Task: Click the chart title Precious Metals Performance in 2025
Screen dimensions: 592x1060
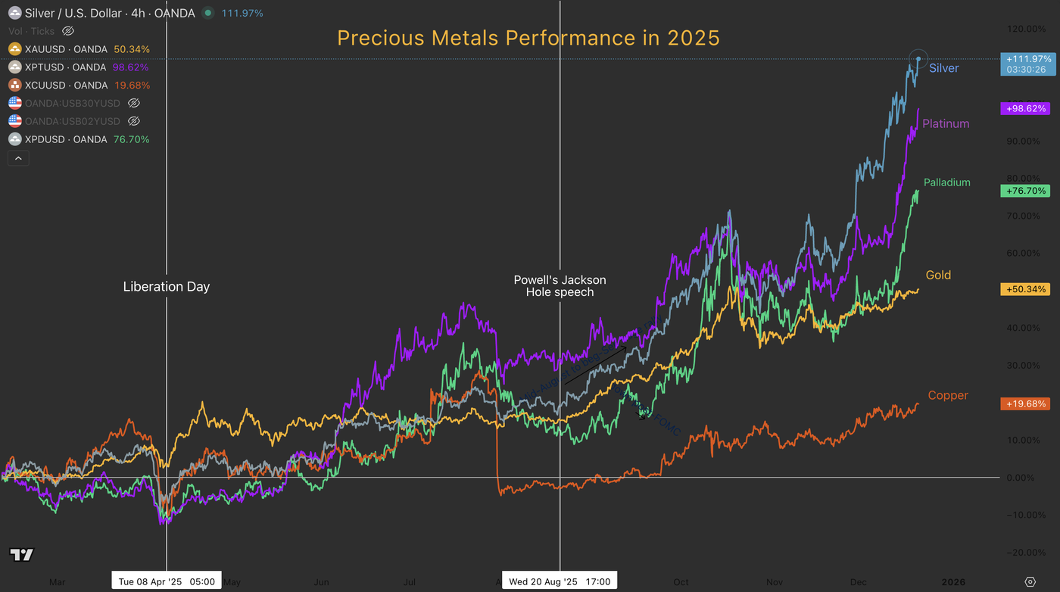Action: [x=528, y=38]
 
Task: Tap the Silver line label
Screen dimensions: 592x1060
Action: [x=943, y=68]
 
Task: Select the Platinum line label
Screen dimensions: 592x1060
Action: [x=946, y=123]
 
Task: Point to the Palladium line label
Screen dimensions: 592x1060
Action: [x=946, y=182]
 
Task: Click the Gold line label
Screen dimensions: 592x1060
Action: [x=938, y=275]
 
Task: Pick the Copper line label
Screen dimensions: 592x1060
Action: [x=948, y=395]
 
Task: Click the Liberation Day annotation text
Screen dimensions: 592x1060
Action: [x=166, y=287]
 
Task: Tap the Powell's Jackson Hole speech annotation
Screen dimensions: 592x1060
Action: [x=560, y=285]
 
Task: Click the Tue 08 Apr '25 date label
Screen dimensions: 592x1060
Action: [x=167, y=581]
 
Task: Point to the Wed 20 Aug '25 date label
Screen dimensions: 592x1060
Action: [x=560, y=581]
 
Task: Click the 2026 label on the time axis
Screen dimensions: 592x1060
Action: [x=952, y=581]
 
